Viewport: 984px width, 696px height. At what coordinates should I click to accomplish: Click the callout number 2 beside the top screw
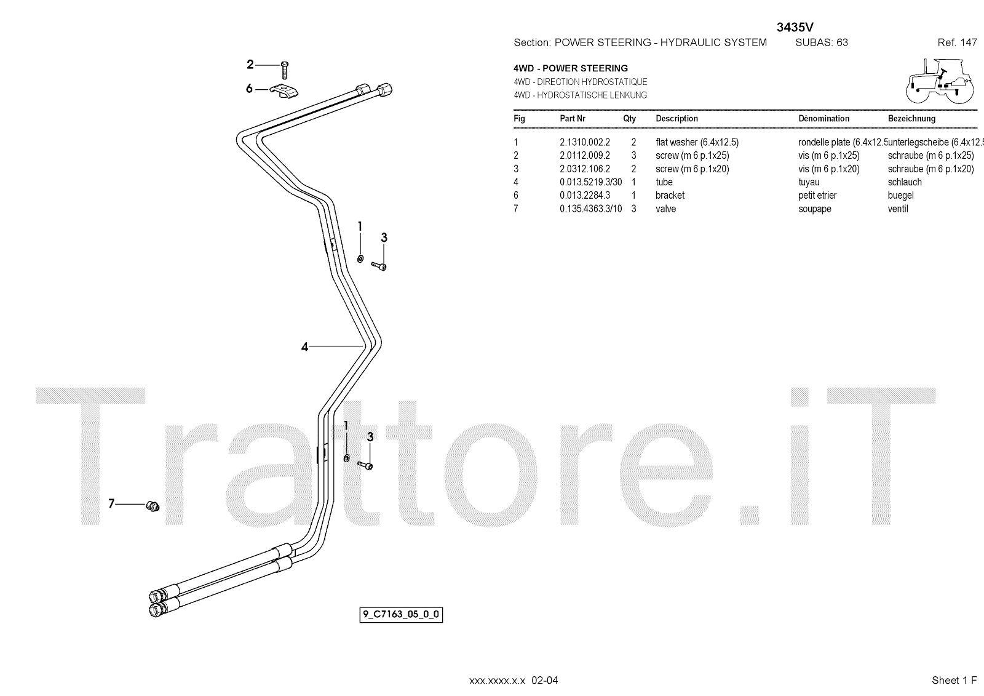pos(250,65)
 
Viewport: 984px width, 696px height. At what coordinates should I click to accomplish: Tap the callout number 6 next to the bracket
pos(249,89)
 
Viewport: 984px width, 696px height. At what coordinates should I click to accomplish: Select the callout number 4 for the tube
pos(304,347)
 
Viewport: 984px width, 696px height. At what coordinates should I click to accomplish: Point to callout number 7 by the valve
pos(111,504)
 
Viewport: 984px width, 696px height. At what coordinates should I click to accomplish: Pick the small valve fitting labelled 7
pos(152,506)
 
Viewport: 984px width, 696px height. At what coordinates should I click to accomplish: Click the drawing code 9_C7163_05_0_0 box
pos(401,614)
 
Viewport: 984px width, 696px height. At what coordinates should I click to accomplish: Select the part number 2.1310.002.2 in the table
pos(584,142)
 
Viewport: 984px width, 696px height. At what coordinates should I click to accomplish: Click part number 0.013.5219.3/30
pos(590,182)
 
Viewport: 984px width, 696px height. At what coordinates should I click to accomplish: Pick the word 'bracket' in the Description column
pos(670,196)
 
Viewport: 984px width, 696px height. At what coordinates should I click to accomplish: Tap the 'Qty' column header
pos(629,119)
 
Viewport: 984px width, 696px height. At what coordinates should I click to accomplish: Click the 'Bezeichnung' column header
pos(911,119)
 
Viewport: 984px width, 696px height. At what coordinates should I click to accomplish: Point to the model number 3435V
pos(796,27)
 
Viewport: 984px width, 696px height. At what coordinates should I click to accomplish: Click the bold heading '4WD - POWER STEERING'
pos(571,68)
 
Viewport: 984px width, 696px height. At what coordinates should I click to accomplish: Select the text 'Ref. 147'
pos(957,42)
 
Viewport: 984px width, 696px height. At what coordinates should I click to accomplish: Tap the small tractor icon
pos(939,81)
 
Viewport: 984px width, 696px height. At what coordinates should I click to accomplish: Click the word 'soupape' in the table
pos(814,209)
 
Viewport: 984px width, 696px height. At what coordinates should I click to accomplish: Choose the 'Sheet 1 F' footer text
pos(954,680)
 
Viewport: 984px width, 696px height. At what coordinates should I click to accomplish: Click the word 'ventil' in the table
pos(898,209)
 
